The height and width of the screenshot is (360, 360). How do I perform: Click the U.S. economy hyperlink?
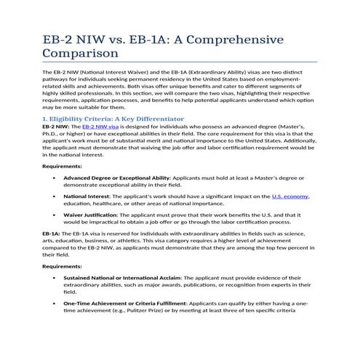coord(290,196)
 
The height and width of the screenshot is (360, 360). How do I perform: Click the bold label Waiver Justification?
coord(93,215)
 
